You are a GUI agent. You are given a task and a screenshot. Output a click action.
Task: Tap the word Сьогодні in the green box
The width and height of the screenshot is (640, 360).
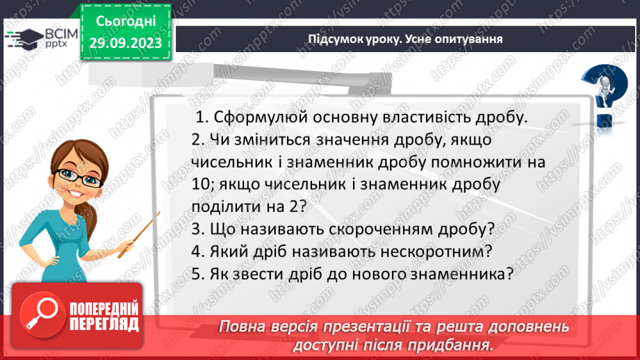(125, 22)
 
